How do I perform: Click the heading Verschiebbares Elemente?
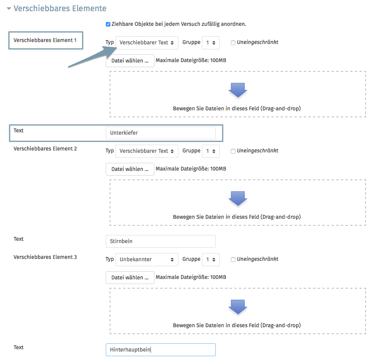click(60, 8)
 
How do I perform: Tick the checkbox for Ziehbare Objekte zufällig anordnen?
click(108, 24)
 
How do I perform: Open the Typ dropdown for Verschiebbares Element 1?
click(147, 43)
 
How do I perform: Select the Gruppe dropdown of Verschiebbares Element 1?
click(210, 43)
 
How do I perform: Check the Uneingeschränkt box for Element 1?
click(233, 43)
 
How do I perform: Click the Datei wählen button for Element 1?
click(130, 61)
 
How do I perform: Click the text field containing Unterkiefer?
click(161, 133)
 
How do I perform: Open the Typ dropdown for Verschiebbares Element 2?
click(147, 151)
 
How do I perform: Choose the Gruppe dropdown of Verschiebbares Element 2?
click(210, 151)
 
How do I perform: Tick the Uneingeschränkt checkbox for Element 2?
click(233, 151)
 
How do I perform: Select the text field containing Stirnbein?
click(161, 241)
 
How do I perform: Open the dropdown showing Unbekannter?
click(147, 260)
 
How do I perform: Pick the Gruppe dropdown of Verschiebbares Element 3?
click(210, 260)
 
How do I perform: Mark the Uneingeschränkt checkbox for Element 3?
click(233, 260)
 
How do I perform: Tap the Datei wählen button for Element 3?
click(130, 277)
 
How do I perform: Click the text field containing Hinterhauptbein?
click(161, 350)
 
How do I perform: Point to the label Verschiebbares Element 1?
click(45, 40)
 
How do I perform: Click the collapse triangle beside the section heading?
click(9, 8)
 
